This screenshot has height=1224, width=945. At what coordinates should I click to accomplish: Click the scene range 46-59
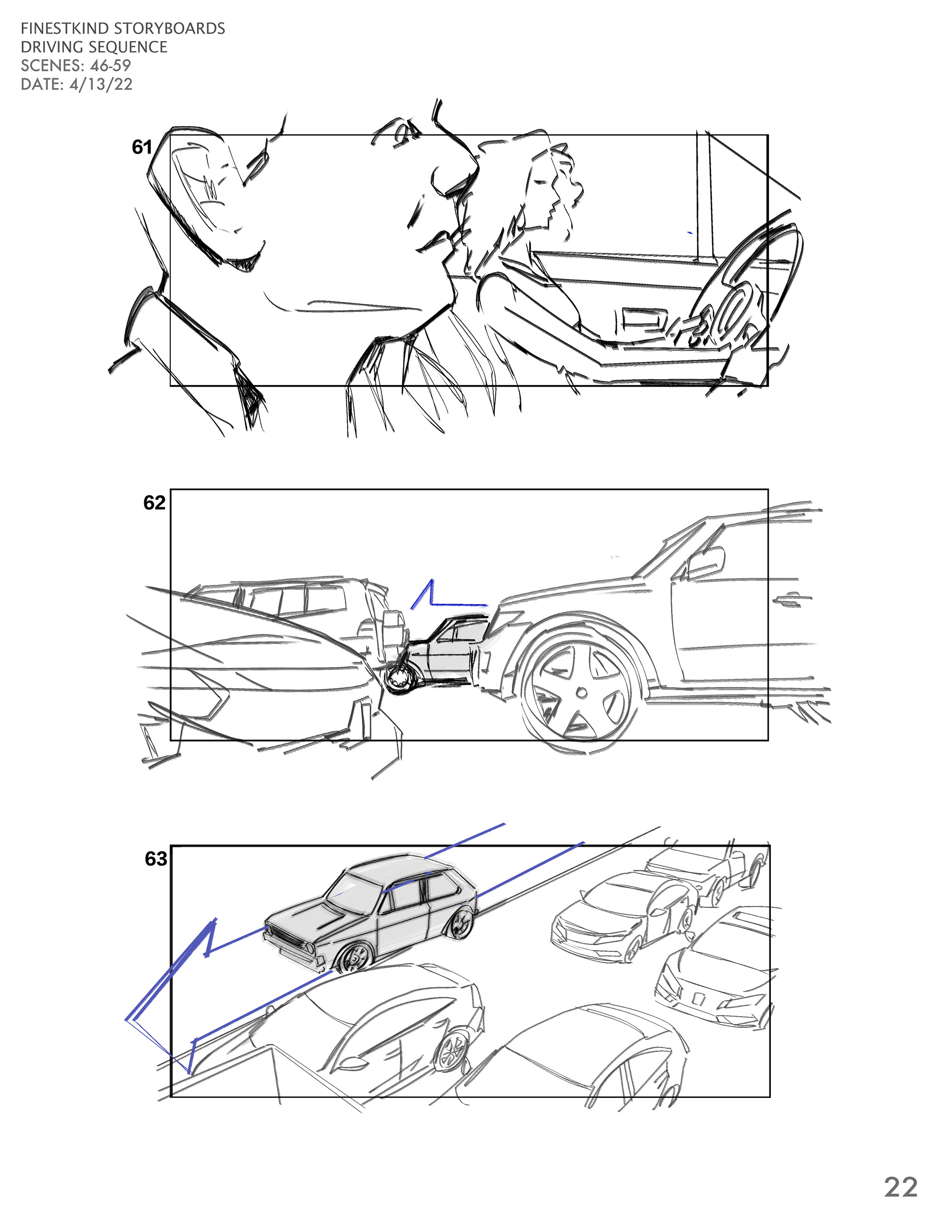click(x=110, y=66)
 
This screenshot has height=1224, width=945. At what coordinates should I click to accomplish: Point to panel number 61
click(x=142, y=147)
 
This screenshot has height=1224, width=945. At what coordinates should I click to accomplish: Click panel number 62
click(x=154, y=503)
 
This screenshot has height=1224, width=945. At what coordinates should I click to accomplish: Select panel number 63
click(x=156, y=859)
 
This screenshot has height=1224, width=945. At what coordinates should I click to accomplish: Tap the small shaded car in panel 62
click(x=442, y=650)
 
